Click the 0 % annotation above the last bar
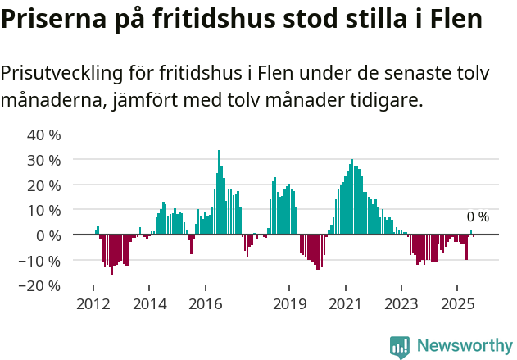[x=478, y=217]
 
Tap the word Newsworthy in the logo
[x=465, y=346]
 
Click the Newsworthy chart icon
[x=400, y=347]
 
